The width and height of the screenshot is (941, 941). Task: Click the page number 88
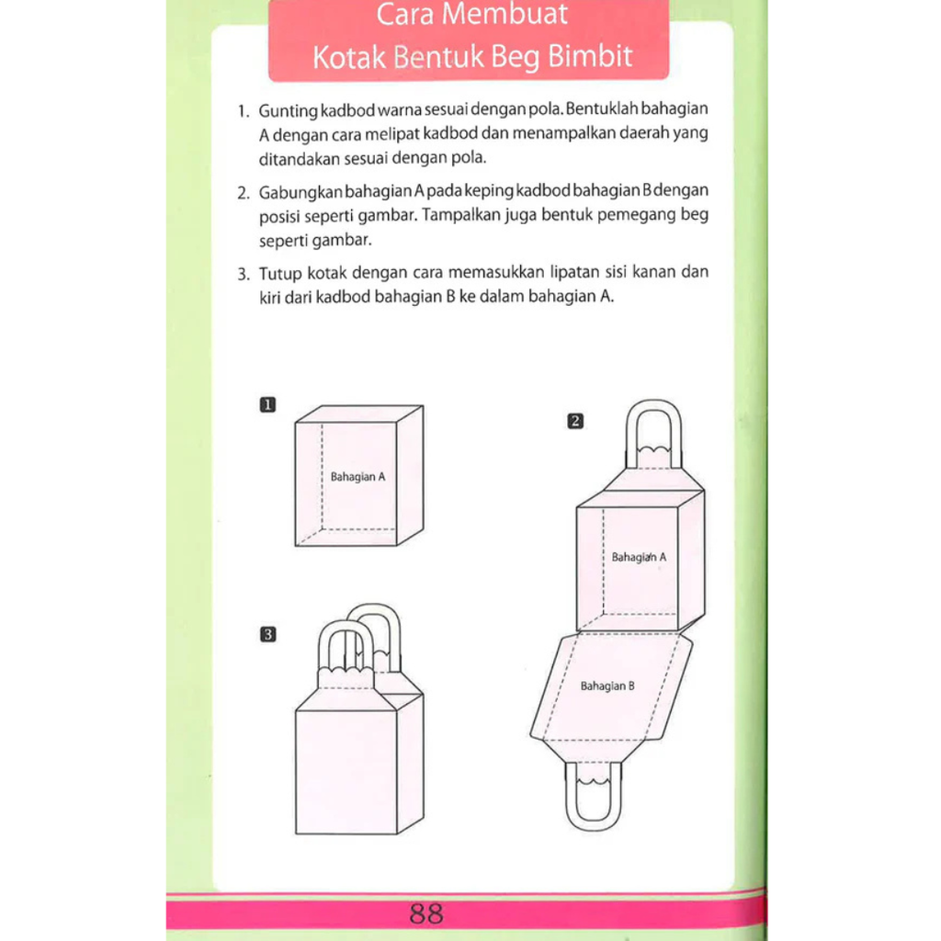point(427,914)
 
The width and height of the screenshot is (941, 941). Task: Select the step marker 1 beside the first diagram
point(267,403)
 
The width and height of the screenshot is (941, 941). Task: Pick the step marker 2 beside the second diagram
point(575,422)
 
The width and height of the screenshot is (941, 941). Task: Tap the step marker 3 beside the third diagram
point(267,633)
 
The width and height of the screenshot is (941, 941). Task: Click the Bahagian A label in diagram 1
point(357,477)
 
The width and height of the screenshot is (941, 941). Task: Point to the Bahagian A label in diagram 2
point(639,557)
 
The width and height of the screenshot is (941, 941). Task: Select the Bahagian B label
point(607,686)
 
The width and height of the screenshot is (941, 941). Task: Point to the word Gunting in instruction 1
point(288,110)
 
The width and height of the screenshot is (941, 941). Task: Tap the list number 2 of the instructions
point(243,193)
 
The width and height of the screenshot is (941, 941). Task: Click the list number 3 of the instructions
point(243,274)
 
